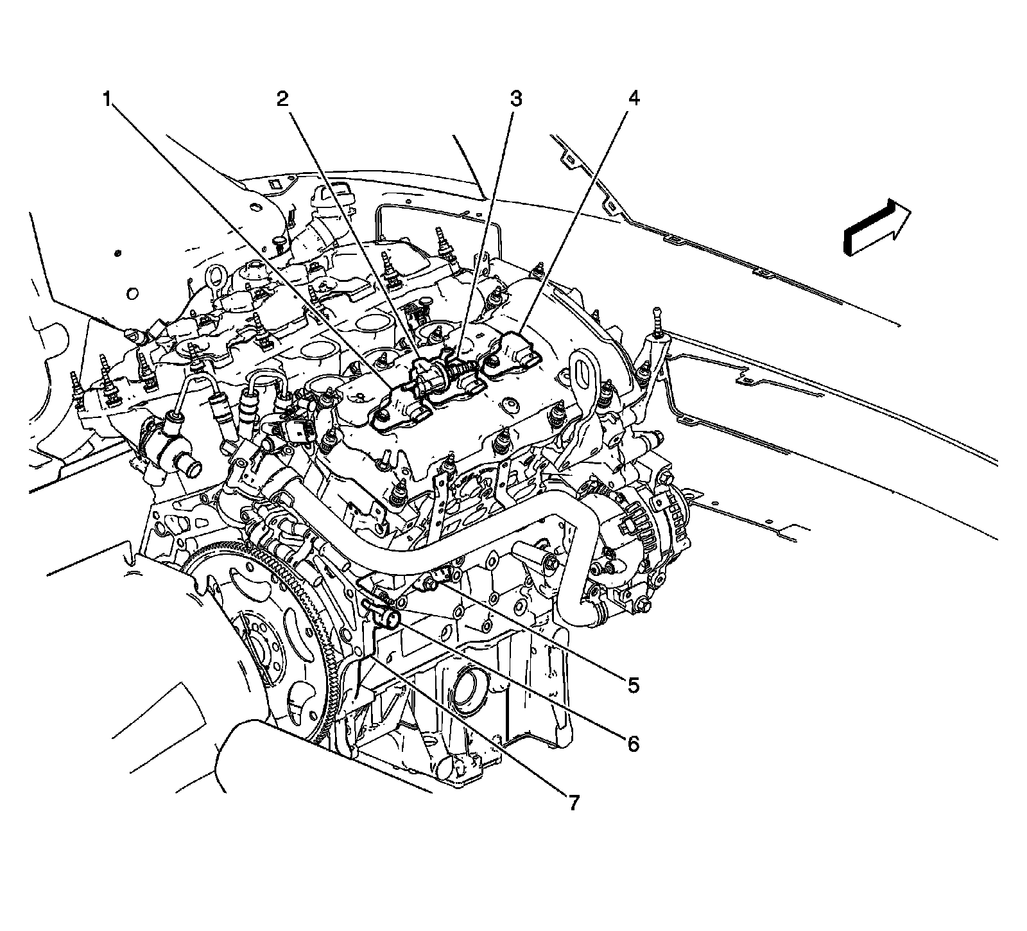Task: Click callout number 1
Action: tap(108, 99)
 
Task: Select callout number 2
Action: tap(282, 99)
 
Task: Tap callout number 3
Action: tap(515, 99)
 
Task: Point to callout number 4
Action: tap(633, 99)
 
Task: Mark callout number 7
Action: tap(573, 802)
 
